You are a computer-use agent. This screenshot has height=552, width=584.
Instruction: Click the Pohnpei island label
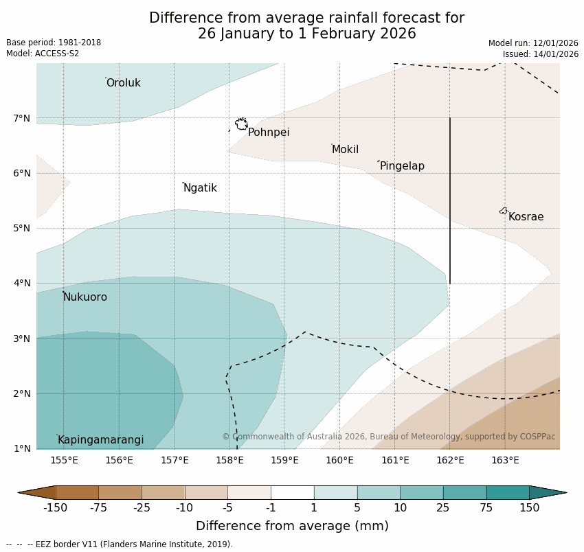(x=269, y=133)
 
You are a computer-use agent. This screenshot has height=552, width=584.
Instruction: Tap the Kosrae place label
(x=526, y=217)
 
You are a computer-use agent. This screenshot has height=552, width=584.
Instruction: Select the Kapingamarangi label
(x=100, y=440)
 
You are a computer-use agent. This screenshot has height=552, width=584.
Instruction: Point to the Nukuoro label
(x=85, y=297)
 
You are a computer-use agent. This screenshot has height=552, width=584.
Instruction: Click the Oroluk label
(x=123, y=83)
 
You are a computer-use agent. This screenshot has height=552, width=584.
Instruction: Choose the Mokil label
(x=345, y=150)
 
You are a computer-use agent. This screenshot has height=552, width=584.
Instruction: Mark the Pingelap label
(x=402, y=166)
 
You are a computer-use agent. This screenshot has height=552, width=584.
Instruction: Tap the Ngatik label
(x=200, y=188)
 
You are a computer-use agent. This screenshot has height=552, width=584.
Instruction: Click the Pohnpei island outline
(x=241, y=124)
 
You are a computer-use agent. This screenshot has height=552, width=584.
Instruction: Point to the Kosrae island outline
(x=504, y=211)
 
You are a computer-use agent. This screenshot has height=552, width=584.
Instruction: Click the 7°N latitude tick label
(x=22, y=118)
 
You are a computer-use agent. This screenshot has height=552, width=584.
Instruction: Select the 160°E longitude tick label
(x=339, y=460)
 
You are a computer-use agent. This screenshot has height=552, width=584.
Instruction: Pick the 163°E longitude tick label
(x=505, y=460)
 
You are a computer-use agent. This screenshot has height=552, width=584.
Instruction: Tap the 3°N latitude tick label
(x=22, y=338)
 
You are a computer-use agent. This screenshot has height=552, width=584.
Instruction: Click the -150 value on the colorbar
(x=55, y=508)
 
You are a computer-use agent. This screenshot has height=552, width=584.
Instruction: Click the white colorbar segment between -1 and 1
(x=292, y=492)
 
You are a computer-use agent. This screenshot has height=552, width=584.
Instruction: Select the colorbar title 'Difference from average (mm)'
(x=292, y=527)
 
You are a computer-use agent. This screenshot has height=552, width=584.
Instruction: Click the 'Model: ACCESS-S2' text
(x=43, y=54)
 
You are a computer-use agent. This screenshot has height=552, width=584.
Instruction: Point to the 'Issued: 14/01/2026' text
(x=541, y=54)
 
